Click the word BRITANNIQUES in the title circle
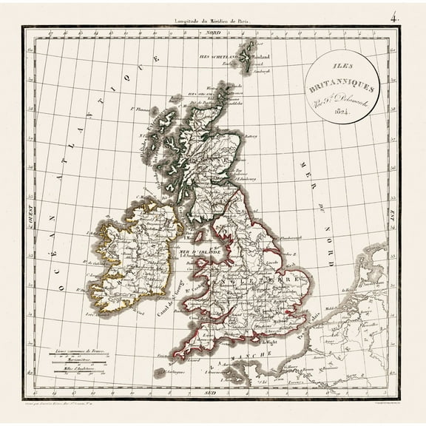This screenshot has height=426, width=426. click(342, 87)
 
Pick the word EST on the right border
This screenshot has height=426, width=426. click(393, 213)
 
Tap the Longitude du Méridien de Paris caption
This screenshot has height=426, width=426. click(212, 21)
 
